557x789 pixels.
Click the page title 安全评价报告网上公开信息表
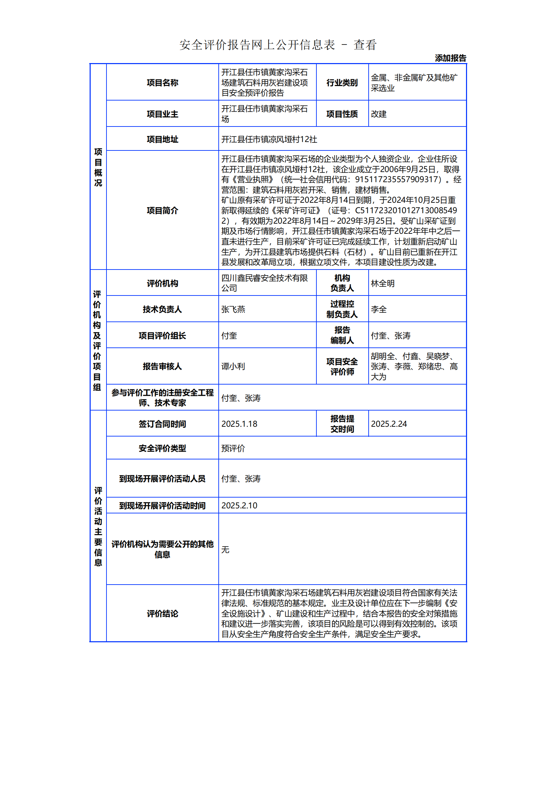point(257,45)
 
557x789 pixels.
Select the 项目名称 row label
point(162,83)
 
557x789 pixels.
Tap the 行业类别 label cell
point(342,83)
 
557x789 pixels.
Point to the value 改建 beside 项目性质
point(378,114)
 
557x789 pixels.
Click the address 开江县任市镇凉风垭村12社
point(269,139)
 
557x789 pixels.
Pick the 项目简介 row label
point(162,210)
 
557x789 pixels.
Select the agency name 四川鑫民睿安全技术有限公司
point(264,283)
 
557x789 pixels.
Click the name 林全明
point(383,283)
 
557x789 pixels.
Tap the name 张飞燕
point(233,309)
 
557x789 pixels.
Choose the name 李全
point(378,309)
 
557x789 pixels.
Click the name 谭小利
point(233,366)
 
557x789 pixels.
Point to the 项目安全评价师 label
point(342,366)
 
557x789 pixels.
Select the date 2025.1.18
point(239,424)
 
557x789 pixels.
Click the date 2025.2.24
point(389,424)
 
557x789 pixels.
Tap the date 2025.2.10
point(239,506)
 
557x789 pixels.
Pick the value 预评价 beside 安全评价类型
point(233,448)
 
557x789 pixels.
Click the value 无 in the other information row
point(225,550)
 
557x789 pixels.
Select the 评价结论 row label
point(162,613)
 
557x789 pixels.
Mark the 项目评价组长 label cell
point(162,335)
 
